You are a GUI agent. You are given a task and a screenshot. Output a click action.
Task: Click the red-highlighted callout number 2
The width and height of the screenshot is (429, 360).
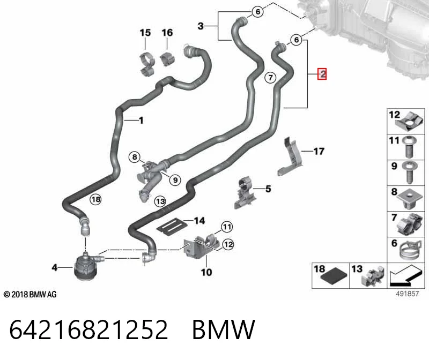tap(322, 74)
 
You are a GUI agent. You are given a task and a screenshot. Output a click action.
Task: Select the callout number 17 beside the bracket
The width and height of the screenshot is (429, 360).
tap(319, 151)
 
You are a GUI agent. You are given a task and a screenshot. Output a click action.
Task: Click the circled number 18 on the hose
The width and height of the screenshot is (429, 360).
tap(96, 199)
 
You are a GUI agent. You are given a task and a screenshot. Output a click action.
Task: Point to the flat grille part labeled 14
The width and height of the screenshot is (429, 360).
tap(172, 226)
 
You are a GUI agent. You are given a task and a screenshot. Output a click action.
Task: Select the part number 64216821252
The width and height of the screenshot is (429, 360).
tap(88, 329)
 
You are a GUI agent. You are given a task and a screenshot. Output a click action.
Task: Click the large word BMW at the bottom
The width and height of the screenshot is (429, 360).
tap(224, 329)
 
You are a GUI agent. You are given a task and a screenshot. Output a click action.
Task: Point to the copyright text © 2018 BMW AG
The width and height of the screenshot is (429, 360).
tap(30, 295)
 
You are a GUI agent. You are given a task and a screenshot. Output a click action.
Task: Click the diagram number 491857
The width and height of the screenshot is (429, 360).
tap(407, 294)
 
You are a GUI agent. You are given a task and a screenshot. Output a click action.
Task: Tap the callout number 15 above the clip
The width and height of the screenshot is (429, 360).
tap(145, 33)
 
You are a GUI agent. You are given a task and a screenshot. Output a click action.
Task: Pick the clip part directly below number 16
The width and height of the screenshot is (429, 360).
tap(168, 58)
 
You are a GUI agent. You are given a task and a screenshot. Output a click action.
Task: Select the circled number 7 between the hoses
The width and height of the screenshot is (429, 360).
tap(270, 78)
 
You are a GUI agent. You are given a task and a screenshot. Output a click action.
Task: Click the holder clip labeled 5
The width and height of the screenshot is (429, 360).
tap(245, 192)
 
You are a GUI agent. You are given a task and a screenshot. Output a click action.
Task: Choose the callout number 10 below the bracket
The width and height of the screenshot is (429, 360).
tap(206, 272)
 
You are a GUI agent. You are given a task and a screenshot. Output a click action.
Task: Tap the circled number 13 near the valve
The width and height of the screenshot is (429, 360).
tap(160, 201)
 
